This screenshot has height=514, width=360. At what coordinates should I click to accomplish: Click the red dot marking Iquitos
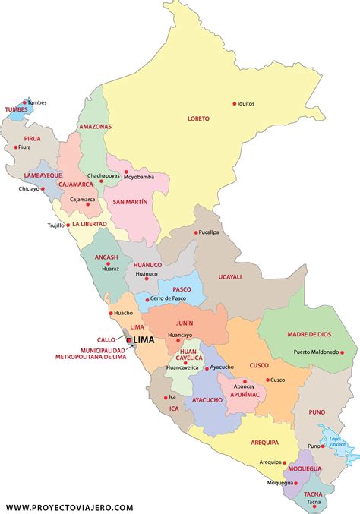[234, 103]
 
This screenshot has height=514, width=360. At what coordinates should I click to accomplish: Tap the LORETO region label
[198, 118]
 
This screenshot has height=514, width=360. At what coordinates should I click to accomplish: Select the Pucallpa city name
[210, 232]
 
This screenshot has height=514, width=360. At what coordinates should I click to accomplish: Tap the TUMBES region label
[15, 109]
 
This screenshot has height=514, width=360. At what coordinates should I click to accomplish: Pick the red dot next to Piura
[16, 147]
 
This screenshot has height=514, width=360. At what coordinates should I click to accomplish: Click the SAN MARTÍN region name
[130, 202]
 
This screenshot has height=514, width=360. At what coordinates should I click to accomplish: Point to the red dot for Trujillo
[68, 225]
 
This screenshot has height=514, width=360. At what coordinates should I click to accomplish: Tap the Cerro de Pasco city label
[169, 298]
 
